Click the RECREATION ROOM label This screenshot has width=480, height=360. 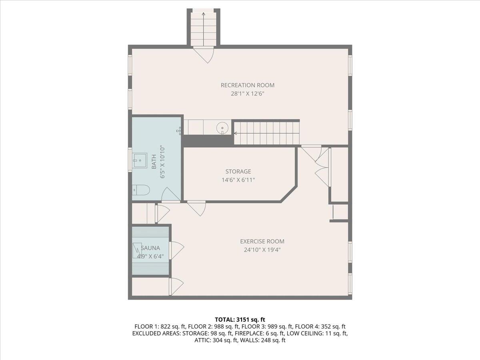[247, 85]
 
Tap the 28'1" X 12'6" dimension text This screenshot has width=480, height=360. [248, 94]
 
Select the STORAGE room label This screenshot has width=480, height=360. [238, 172]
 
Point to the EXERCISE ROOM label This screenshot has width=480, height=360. [262, 241]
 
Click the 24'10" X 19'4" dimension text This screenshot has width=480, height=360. [262, 250]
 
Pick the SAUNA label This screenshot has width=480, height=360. [150, 248]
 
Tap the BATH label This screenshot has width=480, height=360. [154, 162]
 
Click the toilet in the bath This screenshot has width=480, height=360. [141, 190]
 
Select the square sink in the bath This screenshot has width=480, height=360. [140, 161]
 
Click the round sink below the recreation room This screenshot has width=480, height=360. [222, 128]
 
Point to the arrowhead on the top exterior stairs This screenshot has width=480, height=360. [204, 14]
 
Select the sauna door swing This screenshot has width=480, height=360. [176, 250]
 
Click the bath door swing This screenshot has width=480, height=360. [170, 194]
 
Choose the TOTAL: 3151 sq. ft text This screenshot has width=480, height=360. [240, 320]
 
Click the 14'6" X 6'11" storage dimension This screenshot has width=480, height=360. [238, 180]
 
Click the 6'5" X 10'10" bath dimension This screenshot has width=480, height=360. [162, 162]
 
